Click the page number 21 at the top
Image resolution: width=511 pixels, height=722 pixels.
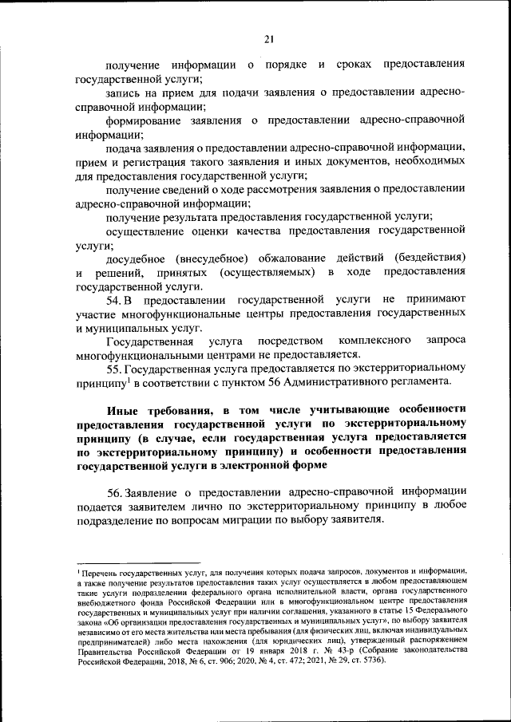268,38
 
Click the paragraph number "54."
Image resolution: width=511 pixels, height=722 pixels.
116,299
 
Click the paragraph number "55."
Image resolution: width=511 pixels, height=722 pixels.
117,369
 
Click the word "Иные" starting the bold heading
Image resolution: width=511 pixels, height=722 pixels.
123,409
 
